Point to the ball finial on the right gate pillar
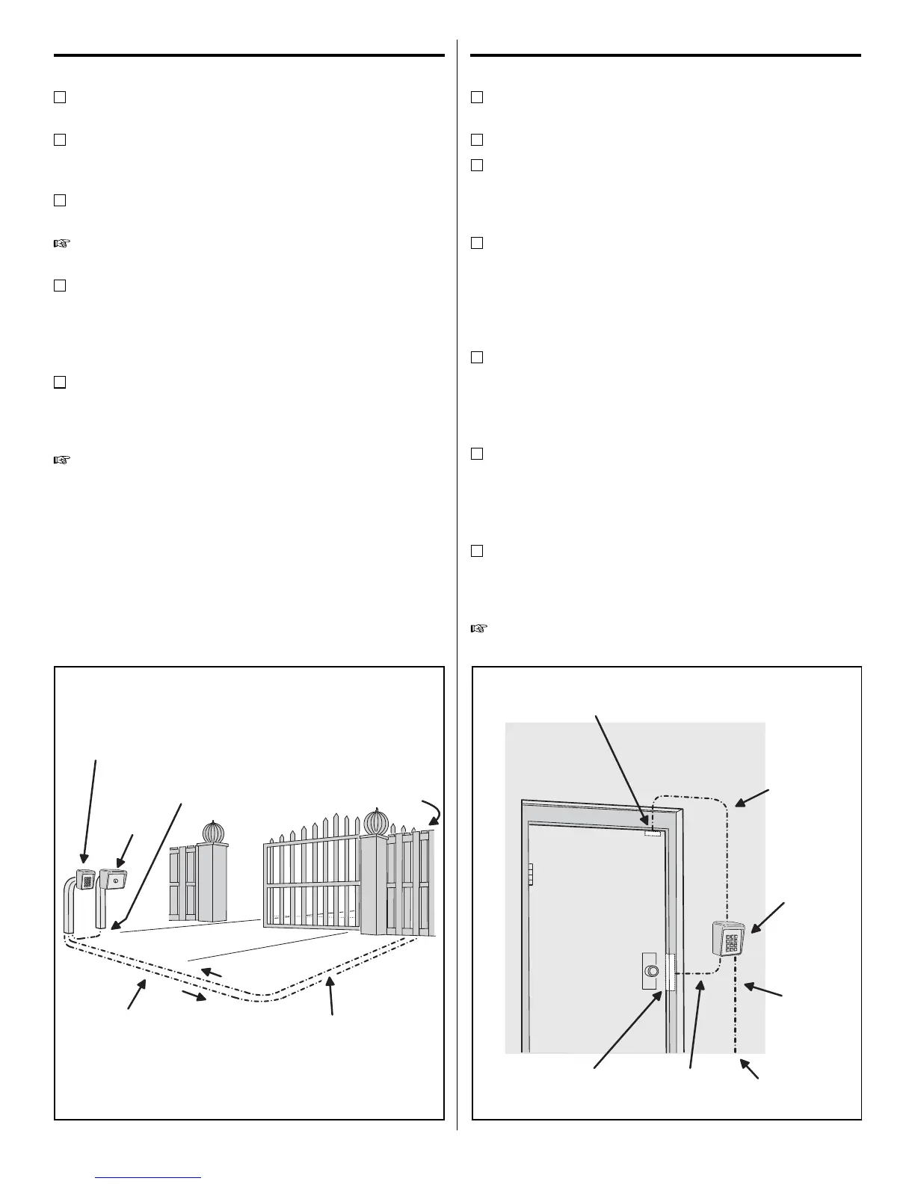[x=376, y=822]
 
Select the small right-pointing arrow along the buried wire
[x=196, y=997]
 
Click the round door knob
[x=652, y=972]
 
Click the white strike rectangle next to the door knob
[x=670, y=972]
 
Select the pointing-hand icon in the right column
[x=478, y=629]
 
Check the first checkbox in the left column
[x=60, y=96]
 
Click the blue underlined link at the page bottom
[x=149, y=1177]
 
